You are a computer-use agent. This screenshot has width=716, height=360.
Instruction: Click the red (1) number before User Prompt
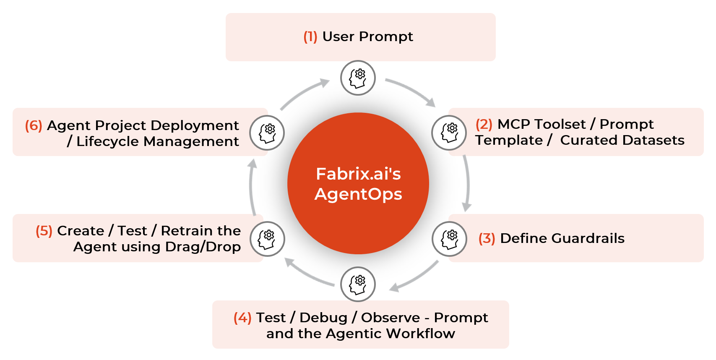310,37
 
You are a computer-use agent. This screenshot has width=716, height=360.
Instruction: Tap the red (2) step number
484,124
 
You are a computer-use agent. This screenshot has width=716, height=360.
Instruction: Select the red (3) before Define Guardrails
487,238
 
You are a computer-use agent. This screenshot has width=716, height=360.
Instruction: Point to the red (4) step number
242,318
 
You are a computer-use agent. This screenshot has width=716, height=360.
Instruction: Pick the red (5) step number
44,231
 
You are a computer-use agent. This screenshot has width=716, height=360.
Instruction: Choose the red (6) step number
34,125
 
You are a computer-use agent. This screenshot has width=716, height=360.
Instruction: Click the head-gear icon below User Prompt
358,78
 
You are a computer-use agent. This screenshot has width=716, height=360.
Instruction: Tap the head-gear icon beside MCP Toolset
449,133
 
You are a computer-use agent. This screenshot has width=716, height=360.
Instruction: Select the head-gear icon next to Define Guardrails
449,239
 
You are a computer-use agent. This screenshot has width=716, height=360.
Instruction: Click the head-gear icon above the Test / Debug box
358,284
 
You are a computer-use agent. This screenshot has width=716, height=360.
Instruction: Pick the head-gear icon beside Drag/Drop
267,239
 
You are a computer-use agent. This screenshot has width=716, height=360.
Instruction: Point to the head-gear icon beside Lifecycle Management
267,133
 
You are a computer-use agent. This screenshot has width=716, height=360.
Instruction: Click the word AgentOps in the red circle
358,194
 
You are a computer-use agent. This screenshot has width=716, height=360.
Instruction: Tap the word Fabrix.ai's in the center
358,174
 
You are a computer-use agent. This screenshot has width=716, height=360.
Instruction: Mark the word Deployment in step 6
195,126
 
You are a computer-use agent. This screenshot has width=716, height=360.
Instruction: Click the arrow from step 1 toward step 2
413,89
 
